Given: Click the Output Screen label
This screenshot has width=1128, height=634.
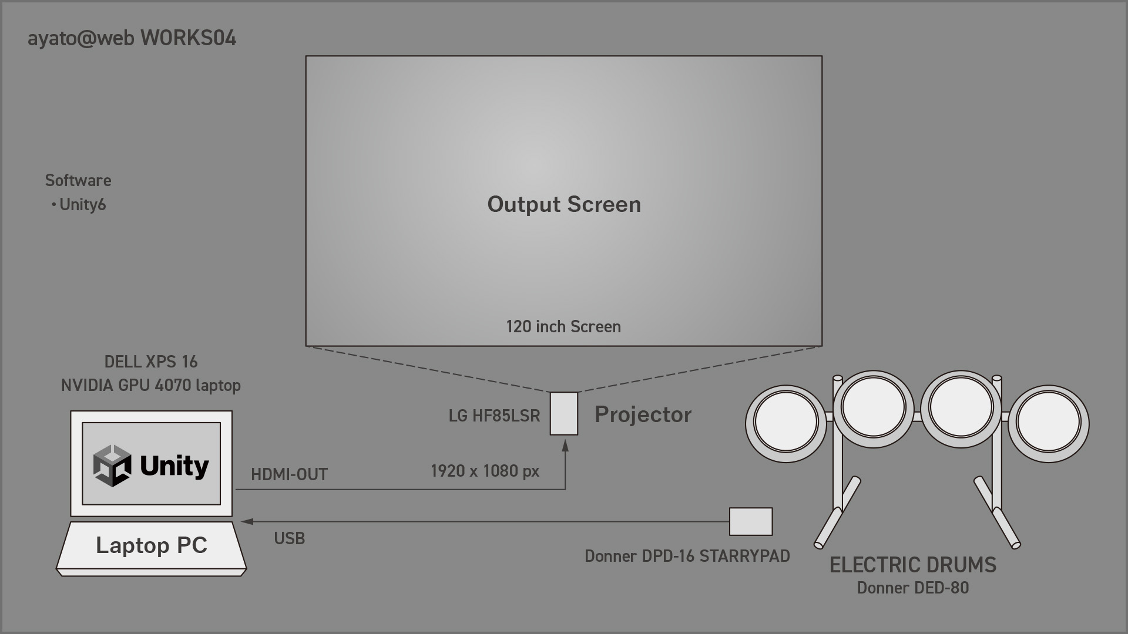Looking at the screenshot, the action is pos(564,204).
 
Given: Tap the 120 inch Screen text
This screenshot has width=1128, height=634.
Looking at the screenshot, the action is pos(563,326).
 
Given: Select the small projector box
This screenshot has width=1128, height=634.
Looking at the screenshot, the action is pos(564,414).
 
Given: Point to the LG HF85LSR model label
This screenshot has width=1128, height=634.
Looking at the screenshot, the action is pos(494,416).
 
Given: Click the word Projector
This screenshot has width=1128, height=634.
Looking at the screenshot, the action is pos(643,414).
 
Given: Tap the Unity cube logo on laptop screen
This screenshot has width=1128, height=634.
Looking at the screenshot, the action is pos(112,466).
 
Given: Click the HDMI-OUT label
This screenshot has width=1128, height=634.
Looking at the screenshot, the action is pos(289,474).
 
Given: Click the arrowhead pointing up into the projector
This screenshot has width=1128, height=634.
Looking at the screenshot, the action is pos(565,446).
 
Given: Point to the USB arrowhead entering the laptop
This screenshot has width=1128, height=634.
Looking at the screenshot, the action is pos(247,521).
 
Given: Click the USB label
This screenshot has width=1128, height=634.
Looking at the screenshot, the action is pos(290,538).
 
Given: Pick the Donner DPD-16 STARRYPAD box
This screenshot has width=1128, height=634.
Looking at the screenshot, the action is pos(751,522).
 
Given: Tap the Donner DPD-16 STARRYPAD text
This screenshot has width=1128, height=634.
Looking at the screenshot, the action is pos(687,556).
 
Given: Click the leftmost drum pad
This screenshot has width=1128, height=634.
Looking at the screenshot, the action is pos(786,423).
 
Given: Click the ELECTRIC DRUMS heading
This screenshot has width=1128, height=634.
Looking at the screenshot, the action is pos(913,565).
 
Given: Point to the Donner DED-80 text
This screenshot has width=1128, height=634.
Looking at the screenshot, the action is pos(913,588).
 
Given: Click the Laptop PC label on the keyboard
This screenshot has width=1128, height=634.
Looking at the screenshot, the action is pos(152,545).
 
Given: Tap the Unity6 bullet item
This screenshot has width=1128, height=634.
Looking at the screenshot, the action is pos(79,204).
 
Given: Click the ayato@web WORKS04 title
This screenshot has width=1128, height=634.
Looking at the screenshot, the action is pos(132,38).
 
